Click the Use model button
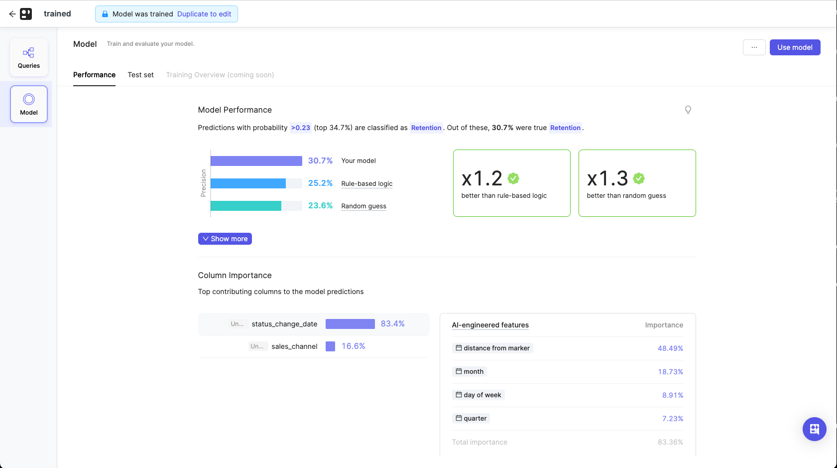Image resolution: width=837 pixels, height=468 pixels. click(795, 47)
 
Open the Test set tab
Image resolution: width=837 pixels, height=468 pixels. click(140, 75)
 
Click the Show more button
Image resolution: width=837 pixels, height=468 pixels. click(225, 239)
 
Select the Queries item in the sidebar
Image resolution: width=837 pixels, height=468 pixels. click(29, 57)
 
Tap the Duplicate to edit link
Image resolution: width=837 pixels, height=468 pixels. click(204, 14)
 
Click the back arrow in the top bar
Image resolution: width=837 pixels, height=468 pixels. click(12, 14)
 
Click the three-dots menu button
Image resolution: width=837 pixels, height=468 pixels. click(754, 47)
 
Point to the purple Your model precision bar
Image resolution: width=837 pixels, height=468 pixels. click(256, 161)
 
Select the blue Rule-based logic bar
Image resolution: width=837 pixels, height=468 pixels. click(248, 183)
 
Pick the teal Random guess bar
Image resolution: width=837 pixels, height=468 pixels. click(246, 206)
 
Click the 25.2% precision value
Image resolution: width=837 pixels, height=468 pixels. click(320, 183)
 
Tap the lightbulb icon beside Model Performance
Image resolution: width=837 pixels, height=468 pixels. click(688, 110)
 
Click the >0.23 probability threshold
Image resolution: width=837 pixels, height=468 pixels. click(301, 128)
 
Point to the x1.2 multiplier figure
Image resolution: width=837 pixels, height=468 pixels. click(481, 178)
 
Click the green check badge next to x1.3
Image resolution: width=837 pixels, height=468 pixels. click(639, 178)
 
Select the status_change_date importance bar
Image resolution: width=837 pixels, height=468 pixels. click(350, 324)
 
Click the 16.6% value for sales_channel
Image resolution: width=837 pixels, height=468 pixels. click(353, 346)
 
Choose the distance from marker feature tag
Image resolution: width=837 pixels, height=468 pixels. click(492, 348)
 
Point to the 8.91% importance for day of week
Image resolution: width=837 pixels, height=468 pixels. click(672, 395)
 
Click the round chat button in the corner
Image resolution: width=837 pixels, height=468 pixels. click(814, 429)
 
